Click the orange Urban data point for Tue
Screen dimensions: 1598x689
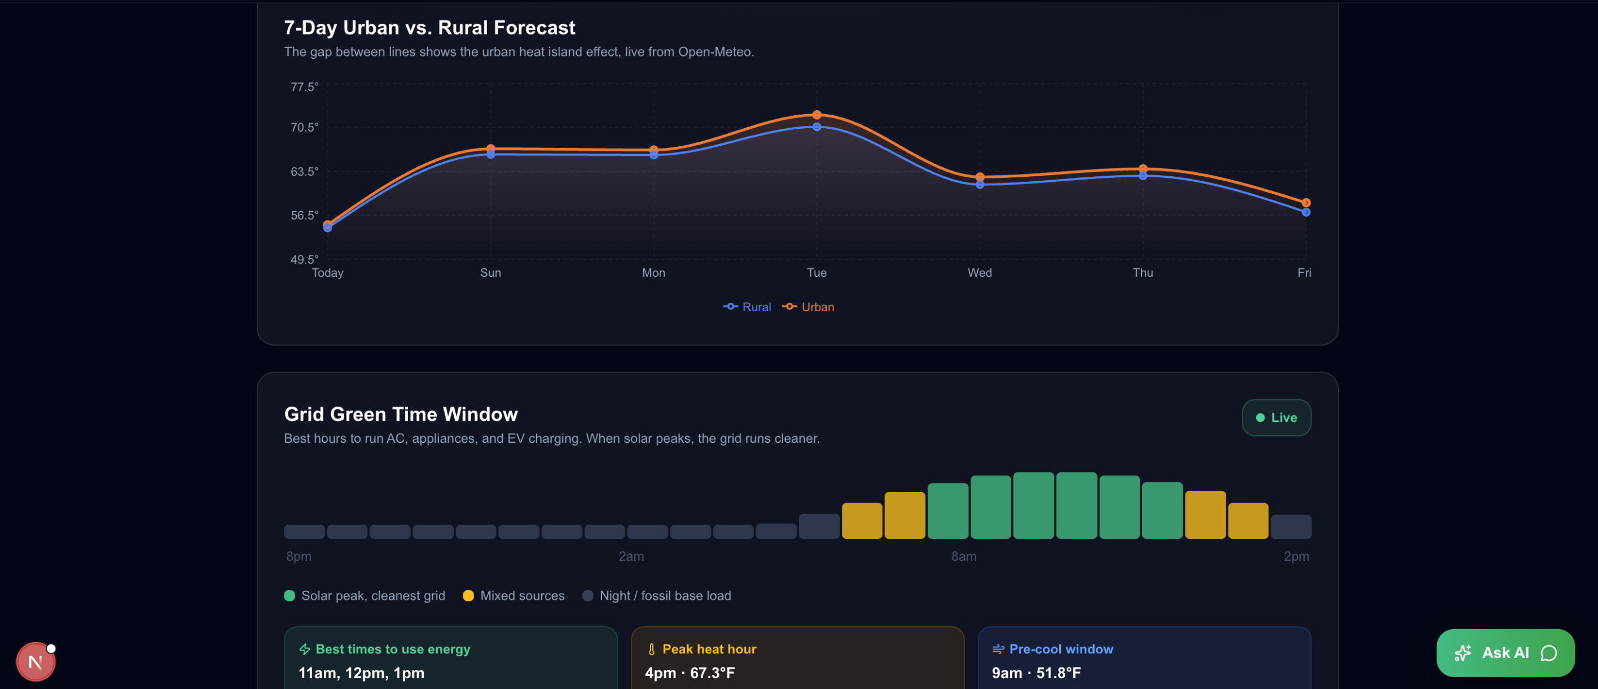[817, 115]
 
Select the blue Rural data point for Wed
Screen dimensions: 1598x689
[980, 184]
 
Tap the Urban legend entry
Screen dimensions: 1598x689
[808, 307]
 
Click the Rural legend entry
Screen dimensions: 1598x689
[747, 307]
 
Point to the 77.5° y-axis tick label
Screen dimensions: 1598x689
[304, 87]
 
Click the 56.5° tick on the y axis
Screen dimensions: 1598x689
[304, 215]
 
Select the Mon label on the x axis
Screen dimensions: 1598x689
[654, 273]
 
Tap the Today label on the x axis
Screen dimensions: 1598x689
[327, 273]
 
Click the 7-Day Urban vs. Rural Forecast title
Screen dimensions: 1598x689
[429, 28]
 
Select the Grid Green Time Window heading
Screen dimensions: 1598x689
[401, 414]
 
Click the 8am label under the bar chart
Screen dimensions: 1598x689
[964, 556]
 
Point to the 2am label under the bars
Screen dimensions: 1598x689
[631, 556]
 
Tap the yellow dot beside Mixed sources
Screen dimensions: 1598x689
[468, 596]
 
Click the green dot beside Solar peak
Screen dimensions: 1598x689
[289, 596]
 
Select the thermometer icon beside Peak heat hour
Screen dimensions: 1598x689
[651, 649]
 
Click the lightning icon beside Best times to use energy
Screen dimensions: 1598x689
[305, 649]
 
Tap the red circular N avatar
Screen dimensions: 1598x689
[36, 662]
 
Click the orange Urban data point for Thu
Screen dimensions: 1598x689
[1143, 169]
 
